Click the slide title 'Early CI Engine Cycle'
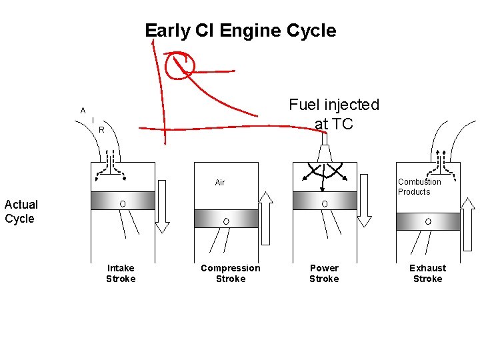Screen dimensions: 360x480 coord(240,31)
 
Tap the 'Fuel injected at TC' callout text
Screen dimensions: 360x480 coord(333,114)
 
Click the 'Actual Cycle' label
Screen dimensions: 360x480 coord(21,211)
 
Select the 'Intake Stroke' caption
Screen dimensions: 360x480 coord(121,273)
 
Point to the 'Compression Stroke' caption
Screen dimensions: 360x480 coord(231,273)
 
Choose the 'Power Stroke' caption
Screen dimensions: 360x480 coord(324,273)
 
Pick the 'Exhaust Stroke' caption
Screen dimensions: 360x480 coord(428,273)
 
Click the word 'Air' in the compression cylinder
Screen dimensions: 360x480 coord(220,182)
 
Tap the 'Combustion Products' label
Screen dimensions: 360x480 coord(419,187)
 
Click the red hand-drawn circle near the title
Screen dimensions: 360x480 coord(180,66)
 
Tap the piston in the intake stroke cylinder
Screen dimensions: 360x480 coord(123,201)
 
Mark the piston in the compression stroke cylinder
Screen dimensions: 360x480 coord(226,219)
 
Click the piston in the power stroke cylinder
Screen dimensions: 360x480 coord(325,201)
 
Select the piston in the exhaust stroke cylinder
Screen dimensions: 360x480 coord(428,221)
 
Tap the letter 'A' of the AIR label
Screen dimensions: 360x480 coord(83,110)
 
